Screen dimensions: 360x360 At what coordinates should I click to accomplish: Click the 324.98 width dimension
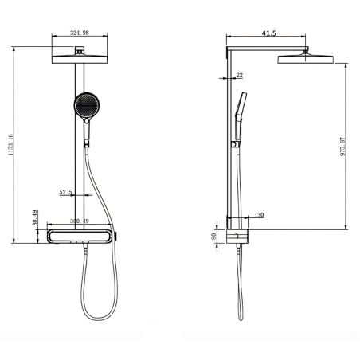79,33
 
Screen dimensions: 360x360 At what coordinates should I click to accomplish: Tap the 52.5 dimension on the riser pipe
66,192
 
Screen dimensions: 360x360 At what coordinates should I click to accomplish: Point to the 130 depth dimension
259,216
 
